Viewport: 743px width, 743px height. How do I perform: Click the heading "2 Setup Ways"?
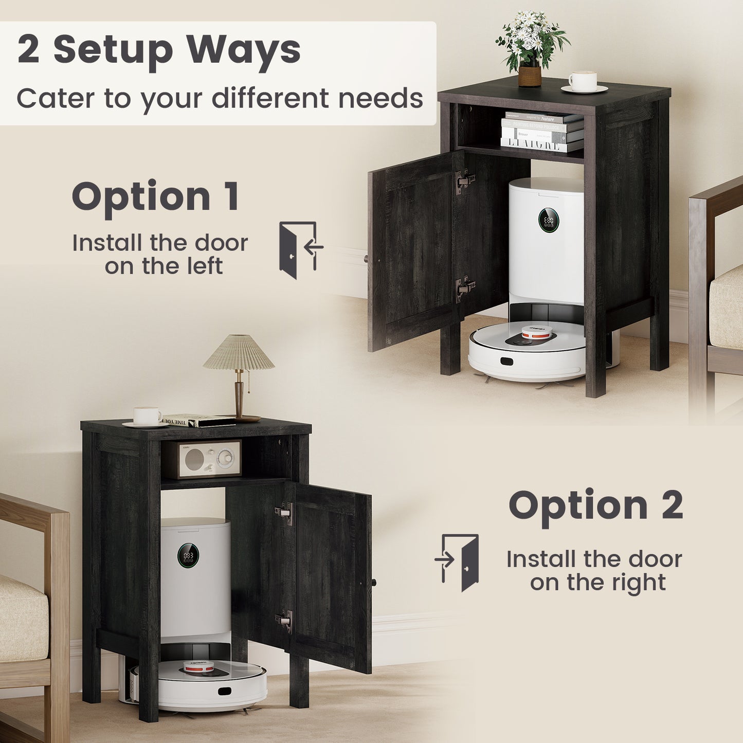pyautogui.click(x=159, y=50)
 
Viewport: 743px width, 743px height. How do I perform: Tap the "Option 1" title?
pyautogui.click(x=155, y=196)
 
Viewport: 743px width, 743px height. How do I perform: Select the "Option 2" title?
pyautogui.click(x=595, y=505)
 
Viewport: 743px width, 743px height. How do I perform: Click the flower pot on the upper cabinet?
pyautogui.click(x=530, y=76)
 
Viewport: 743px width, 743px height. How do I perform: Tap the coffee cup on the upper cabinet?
pyautogui.click(x=583, y=81)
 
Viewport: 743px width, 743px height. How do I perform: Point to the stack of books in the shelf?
pyautogui.click(x=542, y=131)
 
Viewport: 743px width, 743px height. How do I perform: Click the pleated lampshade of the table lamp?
pyautogui.click(x=239, y=353)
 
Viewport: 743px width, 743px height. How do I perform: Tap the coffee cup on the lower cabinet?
pyautogui.click(x=146, y=416)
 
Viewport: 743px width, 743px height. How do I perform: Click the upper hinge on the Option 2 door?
pyautogui.click(x=285, y=512)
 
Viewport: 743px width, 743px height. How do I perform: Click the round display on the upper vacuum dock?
pyautogui.click(x=549, y=220)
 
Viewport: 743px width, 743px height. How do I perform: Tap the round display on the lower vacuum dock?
pyautogui.click(x=188, y=555)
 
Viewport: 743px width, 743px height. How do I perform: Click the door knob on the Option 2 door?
pyautogui.click(x=373, y=583)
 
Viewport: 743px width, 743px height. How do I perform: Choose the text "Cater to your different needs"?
pyautogui.click(x=220, y=98)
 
